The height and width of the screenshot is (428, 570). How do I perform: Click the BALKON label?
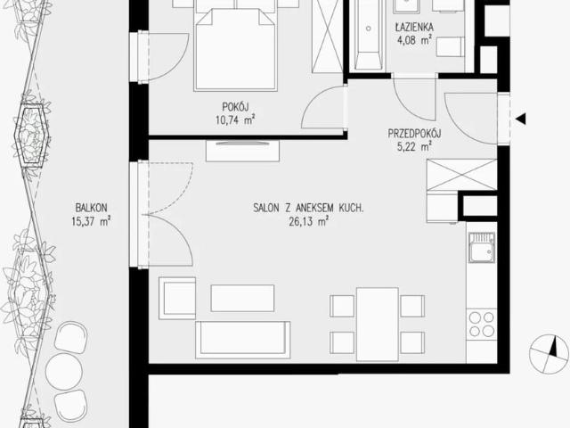click(91, 208)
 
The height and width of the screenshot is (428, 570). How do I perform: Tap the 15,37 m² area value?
click(91, 221)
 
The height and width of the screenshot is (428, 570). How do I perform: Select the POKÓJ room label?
click(235, 107)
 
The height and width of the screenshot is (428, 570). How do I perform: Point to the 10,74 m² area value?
click(235, 119)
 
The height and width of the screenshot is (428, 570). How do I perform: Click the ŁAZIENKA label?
click(414, 27)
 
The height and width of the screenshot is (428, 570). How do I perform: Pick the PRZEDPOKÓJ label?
click(414, 134)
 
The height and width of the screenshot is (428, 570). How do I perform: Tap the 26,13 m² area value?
click(309, 221)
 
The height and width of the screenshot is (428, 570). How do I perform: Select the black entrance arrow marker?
click(521, 119)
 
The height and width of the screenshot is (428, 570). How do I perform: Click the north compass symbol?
click(549, 355)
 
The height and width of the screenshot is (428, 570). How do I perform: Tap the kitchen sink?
click(481, 248)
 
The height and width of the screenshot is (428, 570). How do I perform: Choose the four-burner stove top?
click(481, 325)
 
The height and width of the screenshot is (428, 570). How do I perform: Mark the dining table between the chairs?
click(378, 325)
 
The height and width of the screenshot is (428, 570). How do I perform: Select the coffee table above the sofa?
click(242, 298)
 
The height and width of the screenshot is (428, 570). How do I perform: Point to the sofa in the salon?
click(243, 340)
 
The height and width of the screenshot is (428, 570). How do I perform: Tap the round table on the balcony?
click(64, 371)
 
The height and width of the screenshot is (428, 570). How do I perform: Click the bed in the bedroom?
click(235, 45)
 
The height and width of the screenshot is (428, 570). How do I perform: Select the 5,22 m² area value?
click(414, 147)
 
